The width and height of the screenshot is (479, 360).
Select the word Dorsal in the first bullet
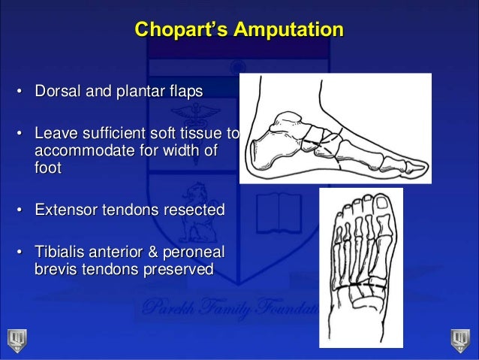55,92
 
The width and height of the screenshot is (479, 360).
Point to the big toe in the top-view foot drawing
382,211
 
